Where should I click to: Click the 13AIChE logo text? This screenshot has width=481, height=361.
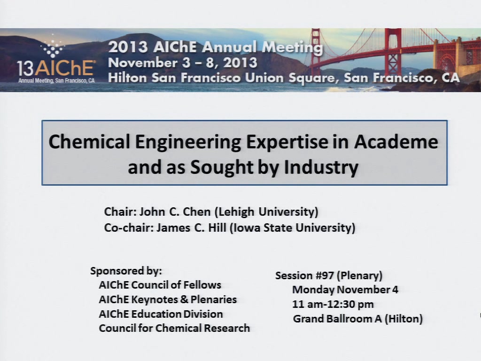pos(55,68)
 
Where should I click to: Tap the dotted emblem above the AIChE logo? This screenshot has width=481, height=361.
pos(53,46)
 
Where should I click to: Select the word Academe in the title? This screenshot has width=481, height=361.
pos(396,142)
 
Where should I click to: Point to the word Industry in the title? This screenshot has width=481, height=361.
pos(321,168)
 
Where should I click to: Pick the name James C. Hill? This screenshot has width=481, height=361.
pos(192,228)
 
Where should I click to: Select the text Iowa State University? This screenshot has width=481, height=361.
pos(293,228)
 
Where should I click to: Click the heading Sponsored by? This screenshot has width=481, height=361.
pos(126,271)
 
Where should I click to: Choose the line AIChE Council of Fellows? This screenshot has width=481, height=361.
pos(160,285)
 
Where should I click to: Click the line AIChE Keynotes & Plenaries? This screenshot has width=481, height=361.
pos(168,299)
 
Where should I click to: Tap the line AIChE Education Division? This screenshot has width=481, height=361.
pos(161,314)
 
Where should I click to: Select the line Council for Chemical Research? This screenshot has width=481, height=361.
pos(174,328)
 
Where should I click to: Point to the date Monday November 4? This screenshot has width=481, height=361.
pos(345,290)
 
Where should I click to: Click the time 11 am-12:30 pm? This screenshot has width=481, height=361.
pos(333,304)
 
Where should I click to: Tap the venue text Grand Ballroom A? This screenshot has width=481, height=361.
pos(337,319)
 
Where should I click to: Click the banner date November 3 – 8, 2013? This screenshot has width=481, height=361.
pos(183,63)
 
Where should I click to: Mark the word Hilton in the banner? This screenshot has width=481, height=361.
pos(127,78)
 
